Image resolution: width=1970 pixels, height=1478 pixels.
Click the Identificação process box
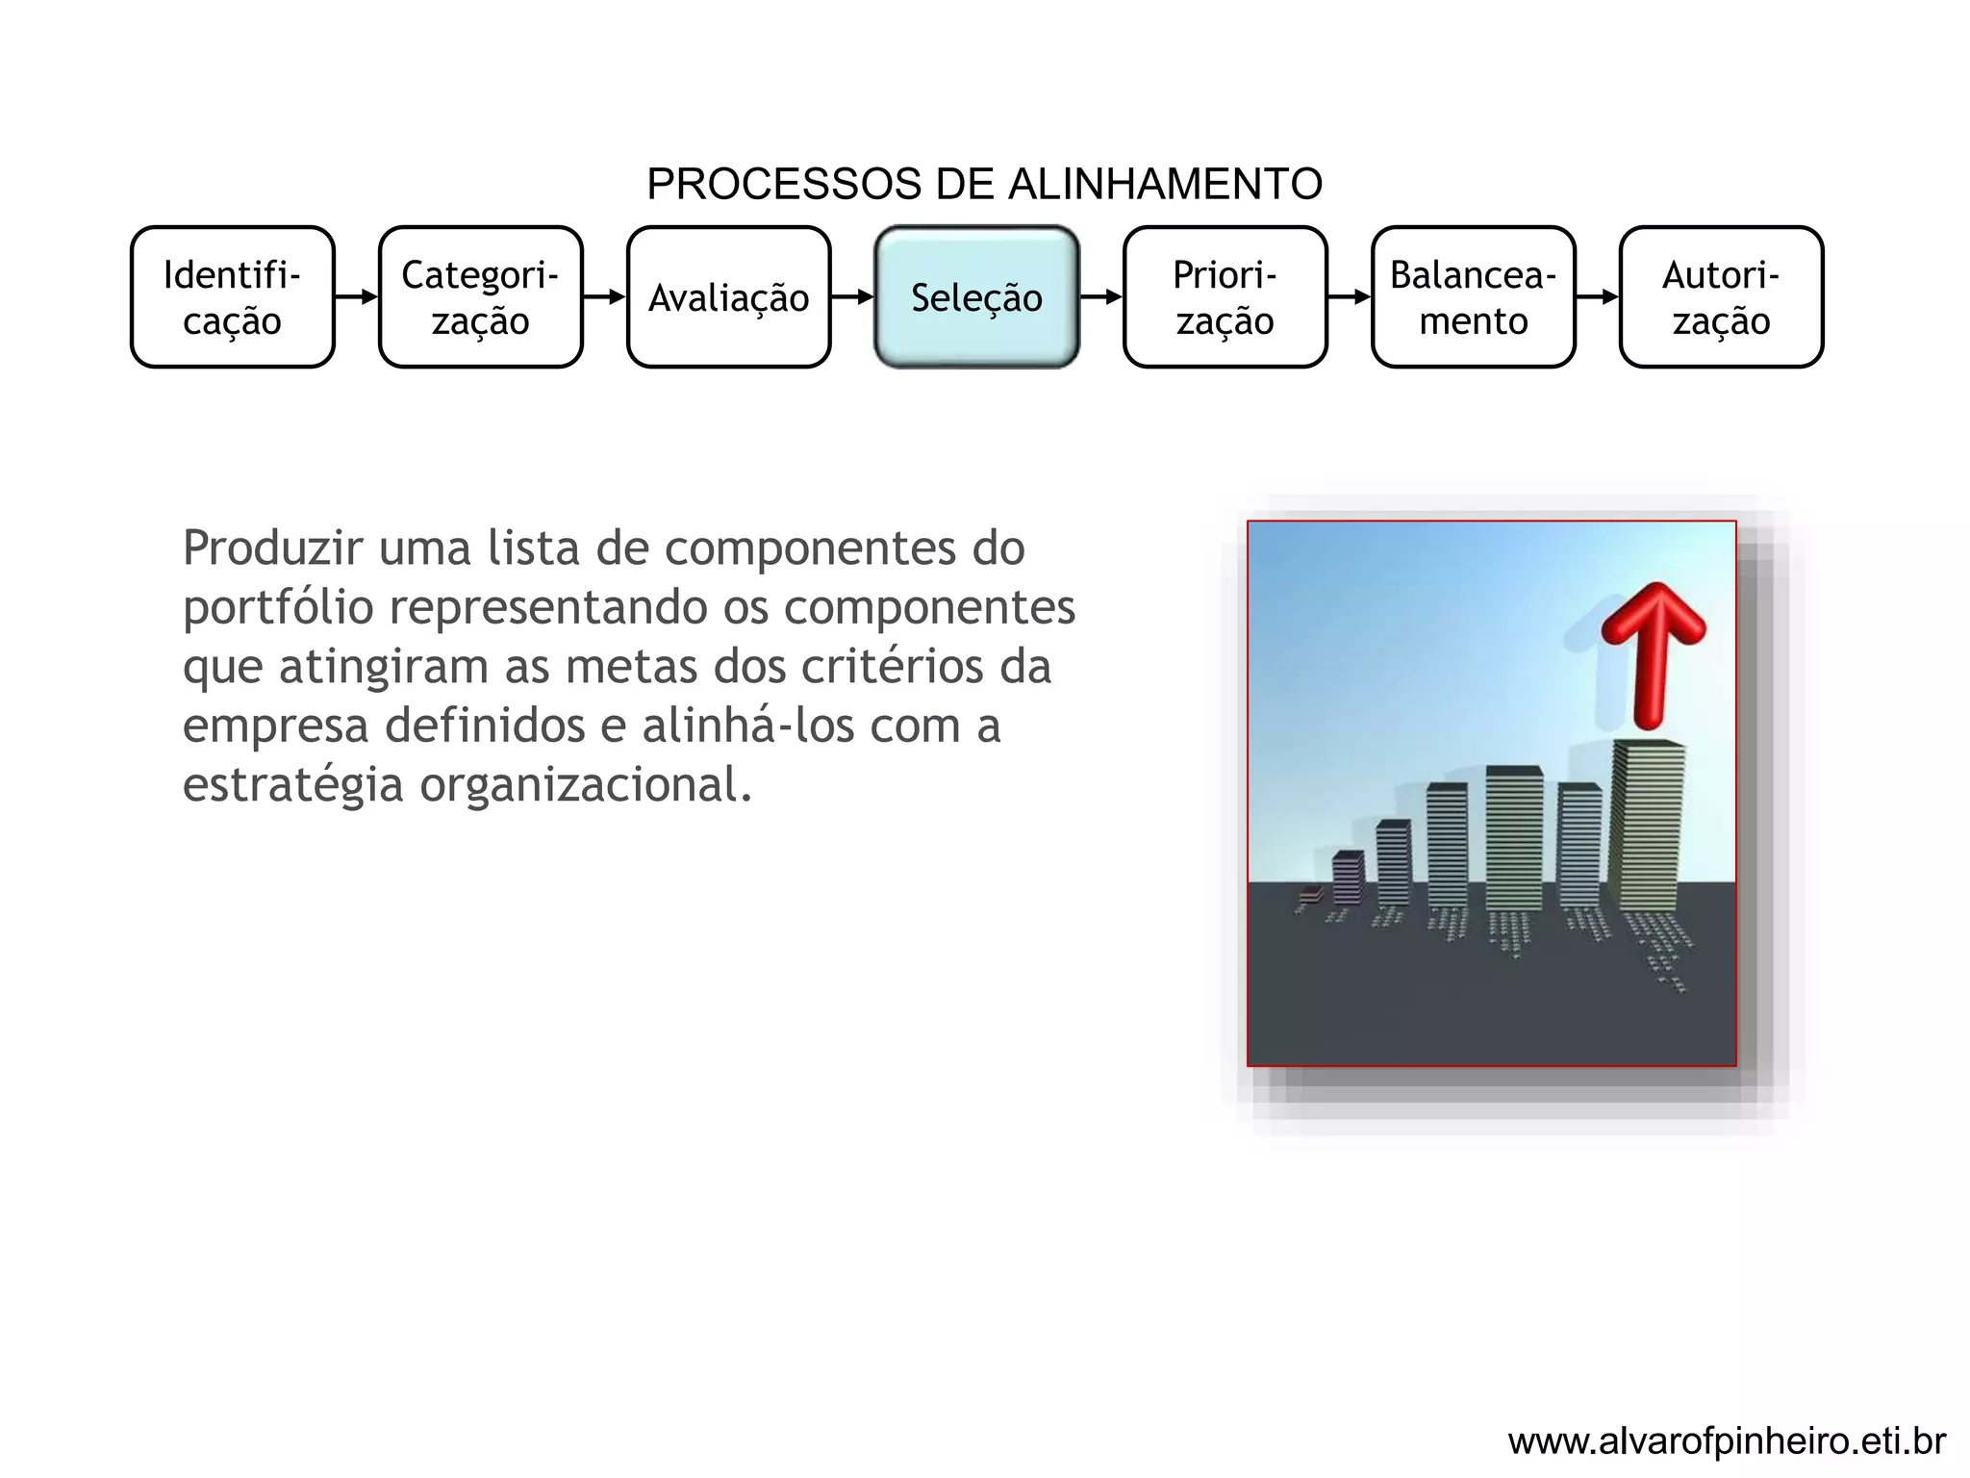tap(233, 297)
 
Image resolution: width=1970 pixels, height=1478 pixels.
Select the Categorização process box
tap(481, 297)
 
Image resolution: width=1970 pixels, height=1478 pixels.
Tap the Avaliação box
tap(728, 297)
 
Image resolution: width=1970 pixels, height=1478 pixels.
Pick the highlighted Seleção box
tap(976, 297)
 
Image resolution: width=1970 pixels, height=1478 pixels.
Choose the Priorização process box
tap(1225, 297)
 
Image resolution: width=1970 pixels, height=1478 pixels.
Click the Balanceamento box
tap(1473, 297)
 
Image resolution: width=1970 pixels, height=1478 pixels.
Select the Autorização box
tap(1721, 297)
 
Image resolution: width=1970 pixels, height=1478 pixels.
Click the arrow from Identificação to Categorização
tap(357, 297)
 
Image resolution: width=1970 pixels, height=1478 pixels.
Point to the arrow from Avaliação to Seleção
tap(852, 297)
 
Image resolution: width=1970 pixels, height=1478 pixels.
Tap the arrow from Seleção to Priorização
tap(1101, 297)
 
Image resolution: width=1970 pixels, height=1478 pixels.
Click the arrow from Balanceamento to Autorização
tap(1598, 297)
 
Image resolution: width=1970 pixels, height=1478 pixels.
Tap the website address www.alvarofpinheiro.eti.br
tap(1727, 1441)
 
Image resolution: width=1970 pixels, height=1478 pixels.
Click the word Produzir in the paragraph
tap(273, 548)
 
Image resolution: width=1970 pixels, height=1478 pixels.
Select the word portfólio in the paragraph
tap(278, 608)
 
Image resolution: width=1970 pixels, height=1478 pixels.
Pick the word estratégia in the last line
tap(292, 785)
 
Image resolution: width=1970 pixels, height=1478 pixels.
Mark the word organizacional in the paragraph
tap(585, 785)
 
